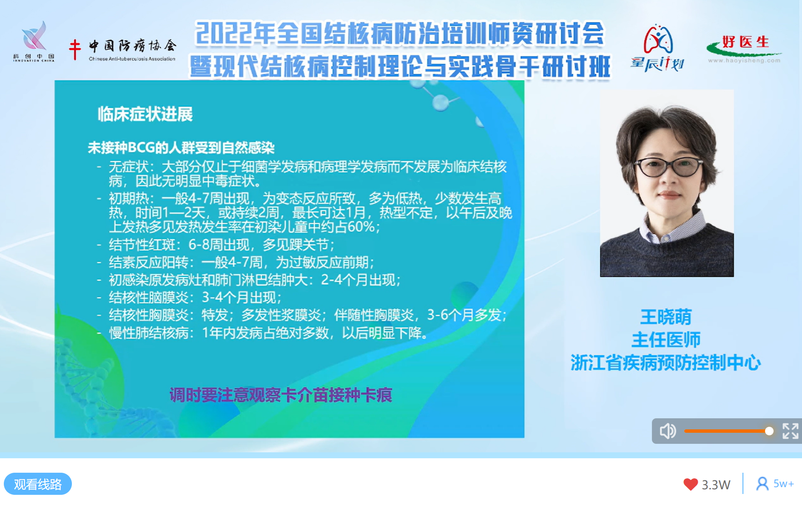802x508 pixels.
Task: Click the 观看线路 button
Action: pyautogui.click(x=38, y=484)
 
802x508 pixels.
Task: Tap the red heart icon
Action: pyautogui.click(x=691, y=484)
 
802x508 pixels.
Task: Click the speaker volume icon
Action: pyautogui.click(x=668, y=431)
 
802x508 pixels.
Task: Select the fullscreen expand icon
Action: pyautogui.click(x=791, y=431)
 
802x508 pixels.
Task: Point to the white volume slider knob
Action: pyautogui.click(x=769, y=431)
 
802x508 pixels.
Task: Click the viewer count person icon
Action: pyautogui.click(x=762, y=484)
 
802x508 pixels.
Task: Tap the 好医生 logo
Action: pyautogui.click(x=744, y=49)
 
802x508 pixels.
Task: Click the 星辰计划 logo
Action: pyautogui.click(x=657, y=48)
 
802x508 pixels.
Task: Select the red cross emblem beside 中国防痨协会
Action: pyautogui.click(x=75, y=49)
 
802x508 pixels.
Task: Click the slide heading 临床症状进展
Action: pyautogui.click(x=145, y=114)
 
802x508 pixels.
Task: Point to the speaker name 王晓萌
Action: pyautogui.click(x=666, y=317)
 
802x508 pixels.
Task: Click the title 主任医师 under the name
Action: pyautogui.click(x=666, y=340)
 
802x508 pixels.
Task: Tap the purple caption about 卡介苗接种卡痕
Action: pyautogui.click(x=281, y=395)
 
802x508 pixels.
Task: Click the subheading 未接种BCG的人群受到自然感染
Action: pyautogui.click(x=181, y=148)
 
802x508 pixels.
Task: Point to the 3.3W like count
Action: pyautogui.click(x=716, y=485)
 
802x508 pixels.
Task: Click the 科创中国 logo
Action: pyautogui.click(x=34, y=42)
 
